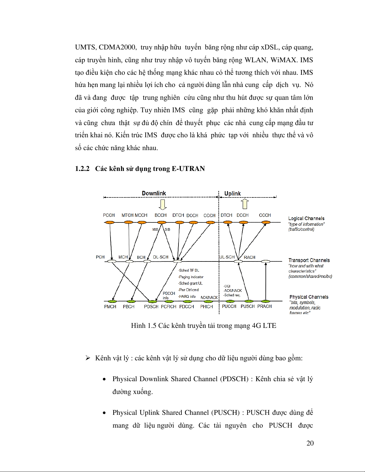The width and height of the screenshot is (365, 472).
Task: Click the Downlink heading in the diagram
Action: pos(154,193)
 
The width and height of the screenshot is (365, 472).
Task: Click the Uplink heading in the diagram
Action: pos(232,194)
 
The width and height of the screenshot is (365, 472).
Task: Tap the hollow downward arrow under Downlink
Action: pos(162,205)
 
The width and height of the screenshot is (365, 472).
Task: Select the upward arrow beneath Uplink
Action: pos(245,204)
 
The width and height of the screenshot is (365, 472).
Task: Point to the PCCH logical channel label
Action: pos(109,215)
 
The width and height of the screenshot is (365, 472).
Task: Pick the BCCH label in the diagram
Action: pos(161,215)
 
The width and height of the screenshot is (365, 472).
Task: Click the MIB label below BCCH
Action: pos(155,230)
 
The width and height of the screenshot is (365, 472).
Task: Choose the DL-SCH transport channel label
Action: pos(161,257)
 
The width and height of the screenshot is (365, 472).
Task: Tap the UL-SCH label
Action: pos(227,257)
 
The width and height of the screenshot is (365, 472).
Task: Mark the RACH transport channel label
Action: pos(249,257)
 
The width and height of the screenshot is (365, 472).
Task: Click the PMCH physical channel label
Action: pos(110,306)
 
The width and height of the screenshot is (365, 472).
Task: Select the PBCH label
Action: pos(129,306)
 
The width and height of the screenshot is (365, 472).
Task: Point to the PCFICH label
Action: pos(169,306)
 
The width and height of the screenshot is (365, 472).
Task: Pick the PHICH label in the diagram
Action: pos(206,306)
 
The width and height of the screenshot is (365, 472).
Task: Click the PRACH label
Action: pos(265,306)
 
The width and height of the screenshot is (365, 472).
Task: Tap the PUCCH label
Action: pos(229,306)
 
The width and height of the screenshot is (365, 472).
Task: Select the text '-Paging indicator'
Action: pos(191,277)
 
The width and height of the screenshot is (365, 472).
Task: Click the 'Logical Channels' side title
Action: pos(306,219)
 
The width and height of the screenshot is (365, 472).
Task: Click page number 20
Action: pos(310,443)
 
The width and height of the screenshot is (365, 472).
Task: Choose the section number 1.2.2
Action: pos(82,169)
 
